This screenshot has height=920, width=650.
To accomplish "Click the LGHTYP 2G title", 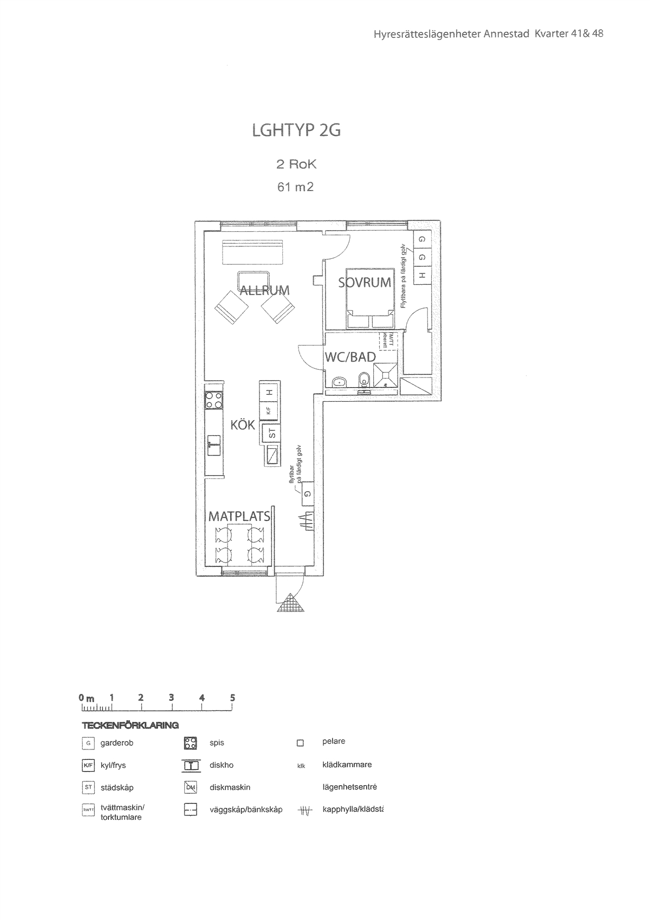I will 296,131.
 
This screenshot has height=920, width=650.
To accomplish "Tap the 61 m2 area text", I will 295,187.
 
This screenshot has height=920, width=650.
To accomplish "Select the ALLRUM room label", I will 265,290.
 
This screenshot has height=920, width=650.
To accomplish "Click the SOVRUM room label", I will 365,282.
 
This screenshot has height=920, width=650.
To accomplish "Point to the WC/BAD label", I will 350,357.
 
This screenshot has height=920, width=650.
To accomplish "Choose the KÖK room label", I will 243,425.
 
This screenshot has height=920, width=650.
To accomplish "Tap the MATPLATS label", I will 239,516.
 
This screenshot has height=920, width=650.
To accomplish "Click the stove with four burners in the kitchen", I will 213,400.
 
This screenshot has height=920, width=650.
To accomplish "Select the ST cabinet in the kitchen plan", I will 271,433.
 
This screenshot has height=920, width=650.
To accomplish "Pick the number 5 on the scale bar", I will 232,697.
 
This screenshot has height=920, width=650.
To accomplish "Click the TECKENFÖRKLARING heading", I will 130,725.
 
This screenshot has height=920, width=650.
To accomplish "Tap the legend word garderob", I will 116,743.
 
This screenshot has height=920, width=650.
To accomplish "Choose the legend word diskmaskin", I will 230,787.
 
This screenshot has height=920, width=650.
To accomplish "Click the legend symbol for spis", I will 190,743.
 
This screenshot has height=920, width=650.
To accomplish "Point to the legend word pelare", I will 334,741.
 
